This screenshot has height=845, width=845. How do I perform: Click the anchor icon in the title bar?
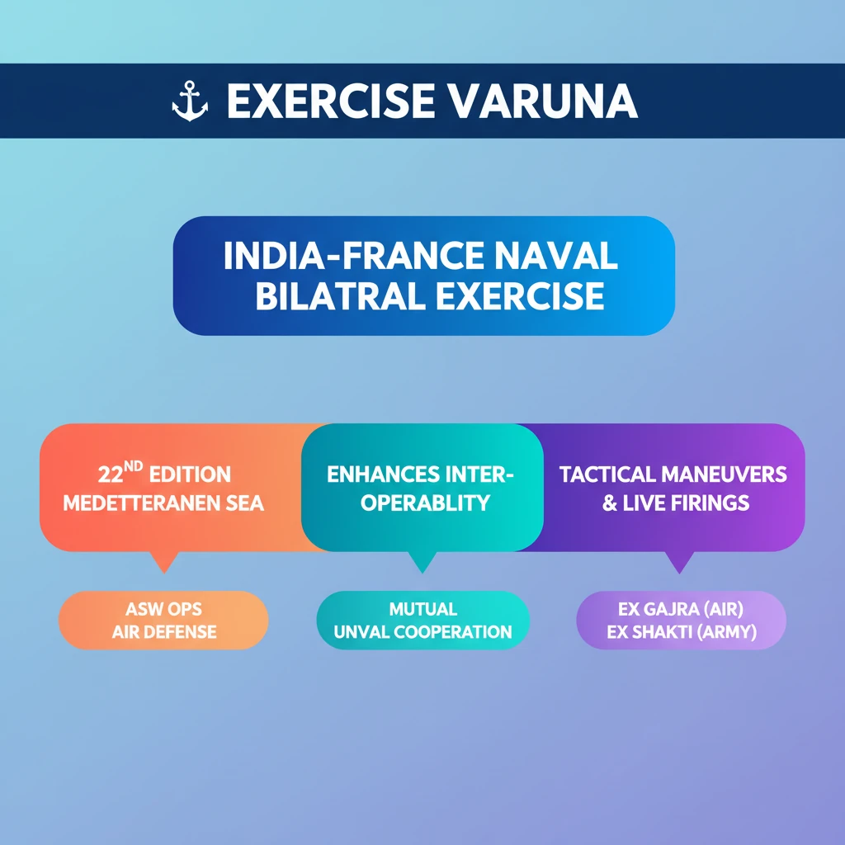point(190,101)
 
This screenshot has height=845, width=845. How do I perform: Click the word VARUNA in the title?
point(543,101)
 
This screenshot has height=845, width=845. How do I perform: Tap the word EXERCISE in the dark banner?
point(331,101)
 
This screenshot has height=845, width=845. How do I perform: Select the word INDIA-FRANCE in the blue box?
point(353,256)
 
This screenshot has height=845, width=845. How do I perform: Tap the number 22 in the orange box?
point(111,474)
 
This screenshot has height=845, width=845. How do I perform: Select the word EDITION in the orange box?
point(190,474)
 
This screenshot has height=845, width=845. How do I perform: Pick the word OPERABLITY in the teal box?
point(425,503)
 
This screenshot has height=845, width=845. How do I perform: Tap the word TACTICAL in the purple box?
point(607,474)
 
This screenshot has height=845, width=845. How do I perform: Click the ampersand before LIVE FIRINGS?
point(610,503)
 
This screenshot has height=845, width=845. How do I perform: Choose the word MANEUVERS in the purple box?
point(725,474)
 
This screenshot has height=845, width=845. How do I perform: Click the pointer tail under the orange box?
point(164,561)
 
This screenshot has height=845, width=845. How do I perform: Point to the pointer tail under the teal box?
point(422,561)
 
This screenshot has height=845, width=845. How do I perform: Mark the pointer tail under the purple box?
point(679,561)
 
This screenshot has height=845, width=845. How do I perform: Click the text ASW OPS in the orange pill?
point(164,609)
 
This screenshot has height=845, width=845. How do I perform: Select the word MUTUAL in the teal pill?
point(423,609)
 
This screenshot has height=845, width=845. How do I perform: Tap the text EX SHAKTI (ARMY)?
point(682,631)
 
